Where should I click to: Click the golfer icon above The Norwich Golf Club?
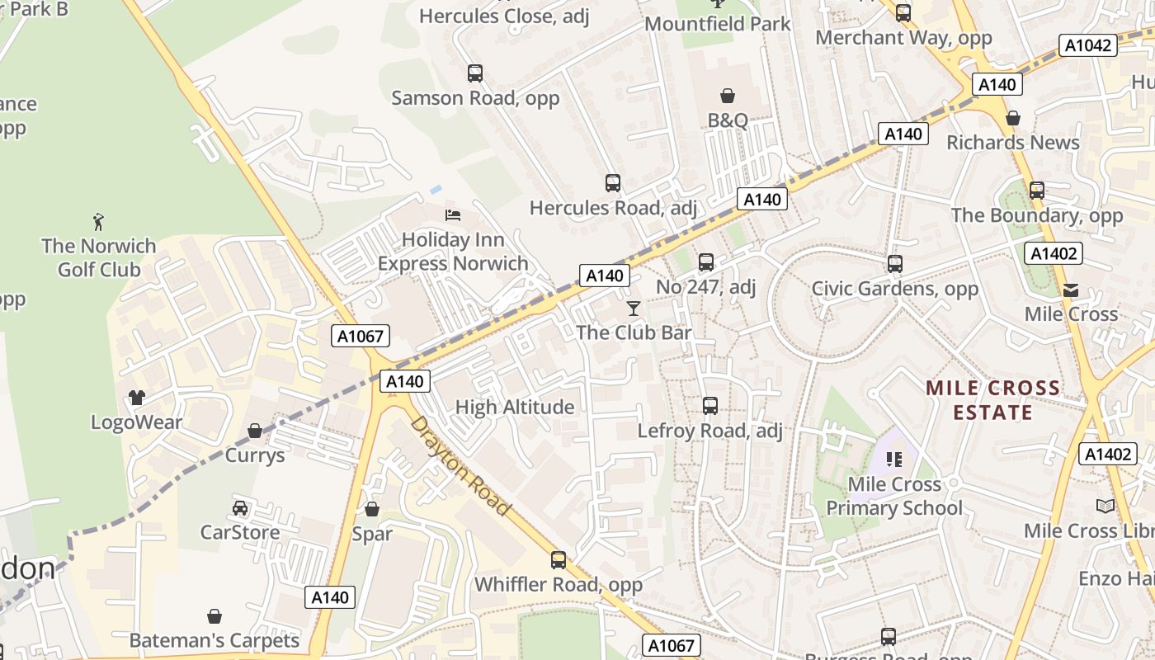[99, 222]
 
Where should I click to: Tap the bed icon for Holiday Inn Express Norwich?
[453, 215]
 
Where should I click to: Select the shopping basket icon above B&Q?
[728, 97]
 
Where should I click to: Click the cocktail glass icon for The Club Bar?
[634, 309]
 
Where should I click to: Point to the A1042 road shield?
[1088, 45]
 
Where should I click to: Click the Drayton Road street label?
[460, 465]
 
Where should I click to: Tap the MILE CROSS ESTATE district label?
[993, 400]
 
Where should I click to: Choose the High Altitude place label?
[515, 407]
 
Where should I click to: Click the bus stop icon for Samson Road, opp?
[475, 73]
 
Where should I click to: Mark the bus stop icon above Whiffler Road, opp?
[559, 560]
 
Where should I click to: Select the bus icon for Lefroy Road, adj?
[710, 406]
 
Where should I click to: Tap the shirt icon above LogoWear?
[137, 398]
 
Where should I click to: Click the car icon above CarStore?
[240, 507]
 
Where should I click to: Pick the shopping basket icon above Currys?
[255, 431]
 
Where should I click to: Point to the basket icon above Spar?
[372, 509]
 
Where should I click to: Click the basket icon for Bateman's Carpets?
[214, 616]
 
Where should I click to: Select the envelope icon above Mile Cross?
[1071, 290]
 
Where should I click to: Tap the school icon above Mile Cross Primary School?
[894, 459]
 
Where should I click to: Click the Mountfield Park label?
[717, 24]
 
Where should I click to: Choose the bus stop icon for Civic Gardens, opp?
[895, 264]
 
